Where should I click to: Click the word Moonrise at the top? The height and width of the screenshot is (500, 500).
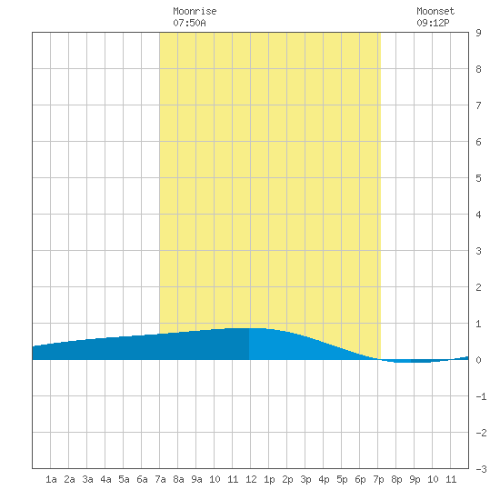[x=195, y=11]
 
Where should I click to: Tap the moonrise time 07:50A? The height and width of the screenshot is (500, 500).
[x=189, y=23]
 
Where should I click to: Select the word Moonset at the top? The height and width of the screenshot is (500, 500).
[x=435, y=11]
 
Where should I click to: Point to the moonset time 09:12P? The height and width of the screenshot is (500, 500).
[x=433, y=23]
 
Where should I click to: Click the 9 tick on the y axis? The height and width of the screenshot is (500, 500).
[x=478, y=33]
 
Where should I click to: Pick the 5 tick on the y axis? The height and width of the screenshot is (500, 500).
[x=478, y=178]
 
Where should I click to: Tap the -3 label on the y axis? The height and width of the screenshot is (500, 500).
[x=481, y=469]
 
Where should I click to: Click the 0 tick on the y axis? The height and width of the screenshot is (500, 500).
[x=478, y=360]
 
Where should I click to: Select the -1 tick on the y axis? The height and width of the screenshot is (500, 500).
[x=481, y=396]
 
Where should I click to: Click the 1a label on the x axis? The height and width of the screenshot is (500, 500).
[x=51, y=479]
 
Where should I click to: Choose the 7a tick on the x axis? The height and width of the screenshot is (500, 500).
[x=160, y=479]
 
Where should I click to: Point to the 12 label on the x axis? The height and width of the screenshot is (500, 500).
[x=251, y=479]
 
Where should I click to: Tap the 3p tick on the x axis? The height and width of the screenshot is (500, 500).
[x=305, y=479]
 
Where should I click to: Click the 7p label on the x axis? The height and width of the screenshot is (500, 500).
[x=378, y=479]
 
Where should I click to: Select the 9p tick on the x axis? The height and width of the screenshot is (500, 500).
[x=415, y=479]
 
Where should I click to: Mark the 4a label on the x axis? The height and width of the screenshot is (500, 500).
[x=105, y=479]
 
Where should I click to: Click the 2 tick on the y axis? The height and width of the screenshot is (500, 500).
[x=478, y=287]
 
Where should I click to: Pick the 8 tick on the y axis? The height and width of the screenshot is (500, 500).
[x=478, y=69]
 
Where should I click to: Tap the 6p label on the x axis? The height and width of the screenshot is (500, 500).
[x=360, y=479]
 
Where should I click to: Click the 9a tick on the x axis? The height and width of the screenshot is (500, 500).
[x=196, y=479]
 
